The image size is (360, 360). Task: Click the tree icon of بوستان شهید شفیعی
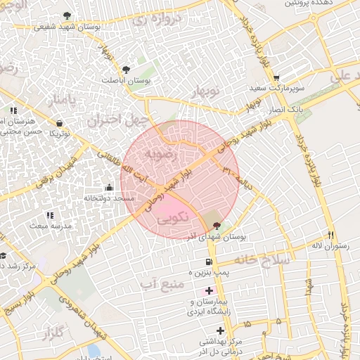[66, 15]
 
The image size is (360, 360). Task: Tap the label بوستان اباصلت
[150, 81]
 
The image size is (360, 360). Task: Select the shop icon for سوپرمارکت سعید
[276, 78]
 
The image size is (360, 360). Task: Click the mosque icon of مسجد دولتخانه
[109, 188]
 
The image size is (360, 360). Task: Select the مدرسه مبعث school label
[49, 226]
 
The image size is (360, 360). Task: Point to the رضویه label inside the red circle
[156, 153]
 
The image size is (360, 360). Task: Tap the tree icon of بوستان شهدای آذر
[216, 226]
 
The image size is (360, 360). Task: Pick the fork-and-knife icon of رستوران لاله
[330, 234]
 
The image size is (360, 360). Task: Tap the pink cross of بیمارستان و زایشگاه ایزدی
[209, 290]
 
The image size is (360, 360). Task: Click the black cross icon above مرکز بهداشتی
[221, 330]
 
